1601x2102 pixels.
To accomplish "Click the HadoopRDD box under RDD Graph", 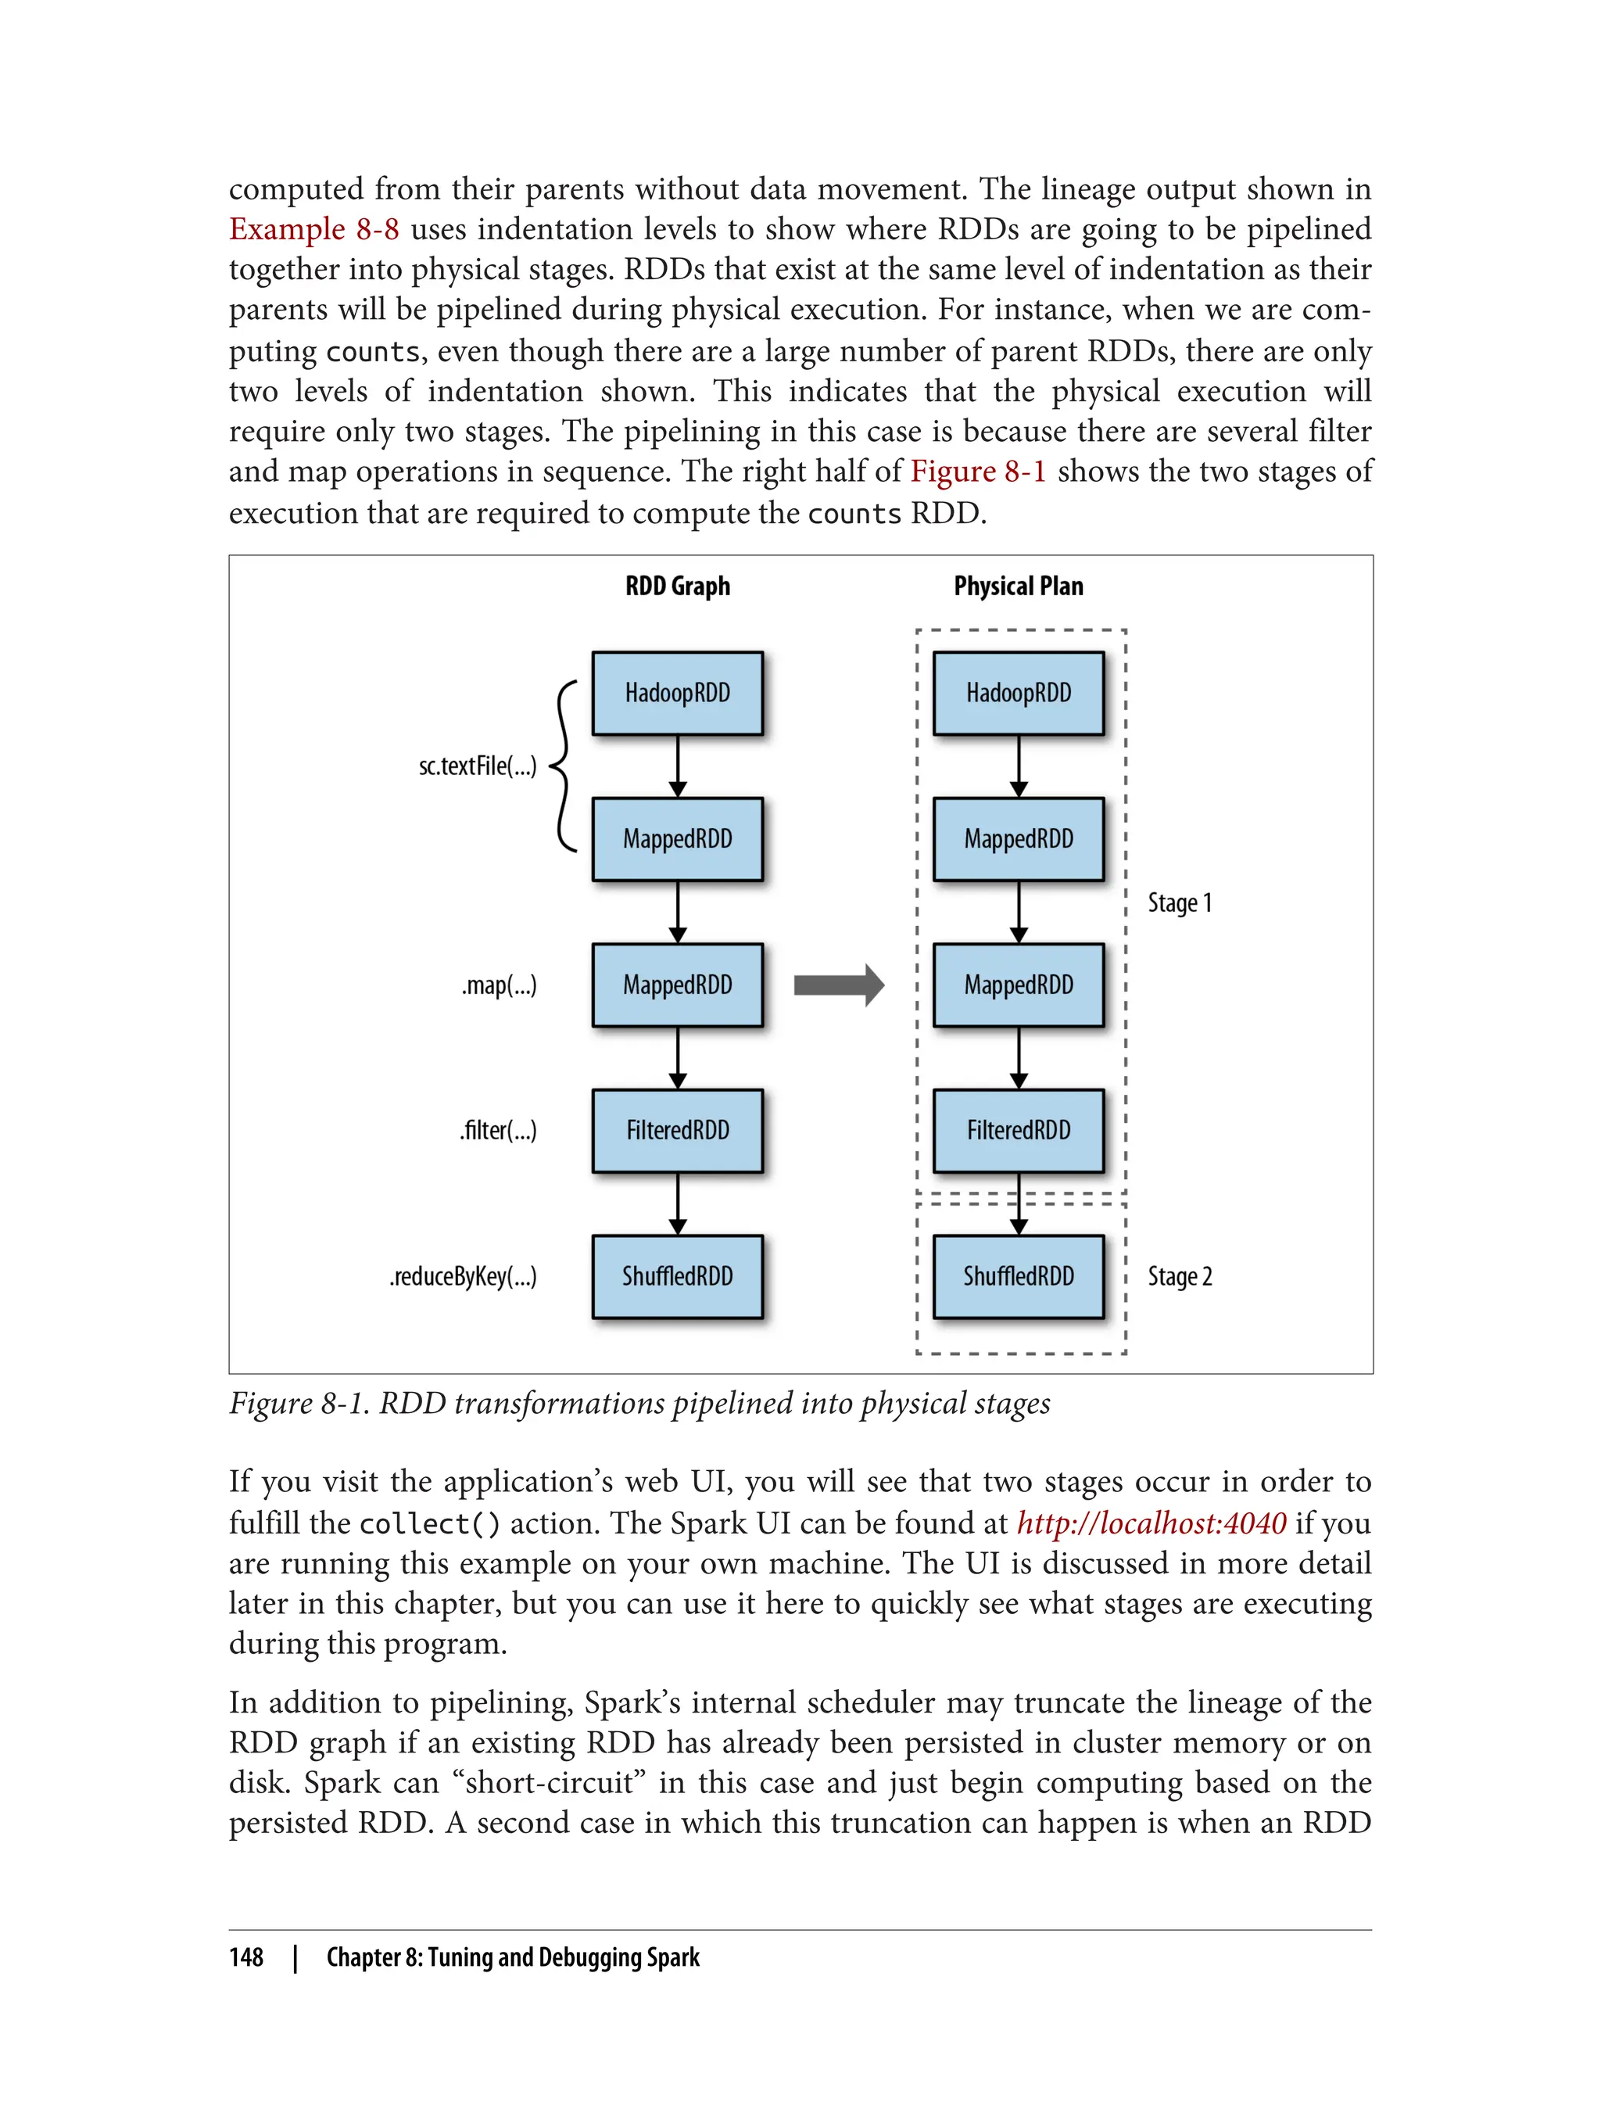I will [678, 693].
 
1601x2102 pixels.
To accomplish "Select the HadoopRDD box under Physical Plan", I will [1019, 693].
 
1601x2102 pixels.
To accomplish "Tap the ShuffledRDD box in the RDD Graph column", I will [678, 1276].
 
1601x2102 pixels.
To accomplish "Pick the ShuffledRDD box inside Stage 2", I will [1019, 1276].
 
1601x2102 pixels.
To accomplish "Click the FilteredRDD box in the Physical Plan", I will [1019, 1131].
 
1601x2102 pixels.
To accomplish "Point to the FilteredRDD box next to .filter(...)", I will [678, 1131].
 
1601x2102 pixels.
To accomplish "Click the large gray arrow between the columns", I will [839, 985].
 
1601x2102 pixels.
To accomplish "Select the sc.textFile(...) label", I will [478, 766].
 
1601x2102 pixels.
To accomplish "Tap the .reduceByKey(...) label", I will [463, 1276].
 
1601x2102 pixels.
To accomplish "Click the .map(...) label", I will [500, 985].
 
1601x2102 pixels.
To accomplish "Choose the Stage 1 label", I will [1180, 902].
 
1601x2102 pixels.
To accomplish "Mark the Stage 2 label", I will [1180, 1276].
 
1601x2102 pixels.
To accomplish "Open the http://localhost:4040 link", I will [1152, 1523].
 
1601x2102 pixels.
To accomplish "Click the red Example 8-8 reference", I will [313, 230].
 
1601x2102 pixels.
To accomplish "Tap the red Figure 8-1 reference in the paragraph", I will [978, 472].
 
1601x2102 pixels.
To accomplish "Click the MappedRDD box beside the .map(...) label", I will [678, 985].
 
